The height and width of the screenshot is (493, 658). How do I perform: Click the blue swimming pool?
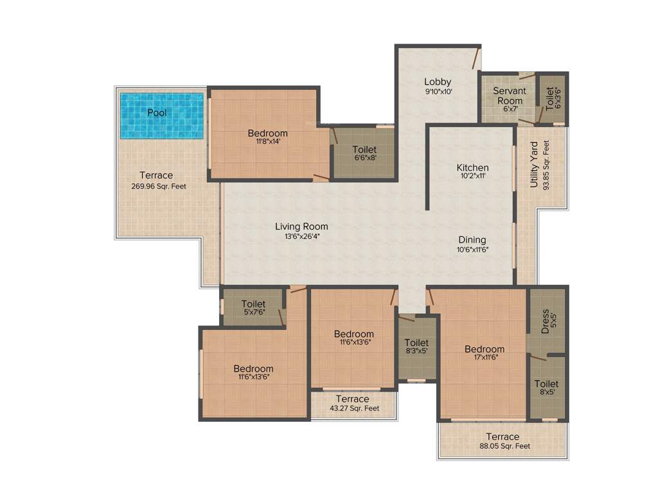[162, 116]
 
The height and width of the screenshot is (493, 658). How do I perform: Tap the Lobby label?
[438, 82]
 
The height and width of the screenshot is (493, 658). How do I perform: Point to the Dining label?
[472, 240]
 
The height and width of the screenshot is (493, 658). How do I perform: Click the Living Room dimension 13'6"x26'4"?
[301, 236]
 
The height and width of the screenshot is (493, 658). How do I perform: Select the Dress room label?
[546, 319]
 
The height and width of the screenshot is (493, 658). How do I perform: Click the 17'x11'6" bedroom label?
[485, 358]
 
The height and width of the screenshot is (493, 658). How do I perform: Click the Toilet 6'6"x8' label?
[364, 150]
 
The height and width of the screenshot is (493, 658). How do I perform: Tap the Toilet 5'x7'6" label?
[253, 304]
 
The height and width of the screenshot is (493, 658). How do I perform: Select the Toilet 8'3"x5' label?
[416, 343]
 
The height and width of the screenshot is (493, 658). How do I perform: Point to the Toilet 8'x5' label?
[546, 384]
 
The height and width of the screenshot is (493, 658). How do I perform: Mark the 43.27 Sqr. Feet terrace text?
[354, 408]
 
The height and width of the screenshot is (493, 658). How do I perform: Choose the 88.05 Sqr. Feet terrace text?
[505, 446]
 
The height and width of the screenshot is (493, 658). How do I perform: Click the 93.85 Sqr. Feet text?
[546, 165]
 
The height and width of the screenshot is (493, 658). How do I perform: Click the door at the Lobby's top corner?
[477, 58]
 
